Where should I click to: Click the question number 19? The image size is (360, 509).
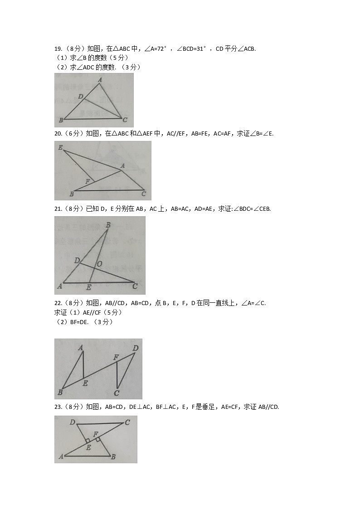[x=58, y=49]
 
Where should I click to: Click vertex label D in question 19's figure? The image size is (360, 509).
[x=80, y=97]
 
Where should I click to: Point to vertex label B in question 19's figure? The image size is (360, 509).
[x=61, y=120]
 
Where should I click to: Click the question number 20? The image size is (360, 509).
[x=58, y=133]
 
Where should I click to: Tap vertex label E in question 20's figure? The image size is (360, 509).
[x=60, y=147]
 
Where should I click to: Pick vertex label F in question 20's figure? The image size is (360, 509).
[x=88, y=182]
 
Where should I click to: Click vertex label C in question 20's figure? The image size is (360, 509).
[x=143, y=194]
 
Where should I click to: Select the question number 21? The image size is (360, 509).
[x=58, y=208]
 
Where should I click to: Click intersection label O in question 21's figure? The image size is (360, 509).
[x=99, y=264]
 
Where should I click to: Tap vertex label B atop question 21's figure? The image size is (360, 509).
[x=108, y=225]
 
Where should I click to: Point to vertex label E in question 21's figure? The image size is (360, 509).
[x=88, y=287]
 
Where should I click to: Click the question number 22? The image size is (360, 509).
[x=58, y=303]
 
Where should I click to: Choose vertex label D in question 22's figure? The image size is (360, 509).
[x=135, y=348]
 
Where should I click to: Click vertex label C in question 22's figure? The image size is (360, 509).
[x=117, y=393]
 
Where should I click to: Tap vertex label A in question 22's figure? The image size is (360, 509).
[x=80, y=348]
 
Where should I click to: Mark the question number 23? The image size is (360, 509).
[x=58, y=407]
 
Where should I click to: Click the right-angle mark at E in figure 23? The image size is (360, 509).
[x=88, y=441]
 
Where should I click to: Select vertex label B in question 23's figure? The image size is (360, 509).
[x=113, y=457]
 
